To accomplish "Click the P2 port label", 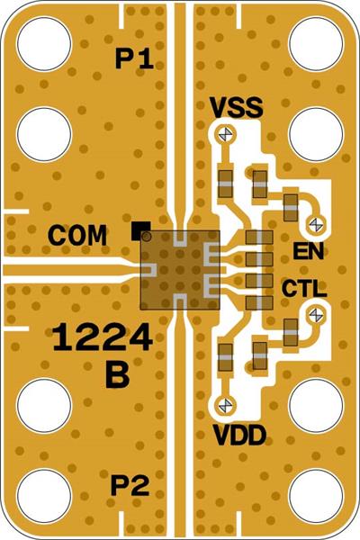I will point(130,487).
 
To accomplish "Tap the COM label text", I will point(78,236).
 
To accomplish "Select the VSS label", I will point(236,108).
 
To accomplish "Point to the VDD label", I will point(238,436).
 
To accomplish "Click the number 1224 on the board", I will point(101,339).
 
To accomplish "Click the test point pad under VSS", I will point(224,134).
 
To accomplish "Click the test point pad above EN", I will point(316,222).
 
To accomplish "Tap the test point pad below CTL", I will point(316,314).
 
